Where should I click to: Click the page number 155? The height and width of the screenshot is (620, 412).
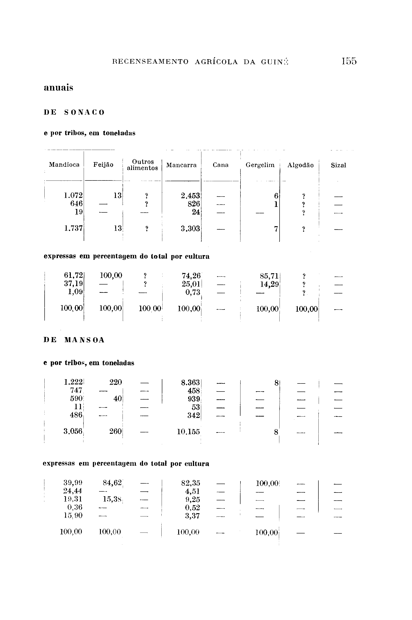point(349,61)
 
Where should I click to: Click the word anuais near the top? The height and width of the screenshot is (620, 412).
point(58,88)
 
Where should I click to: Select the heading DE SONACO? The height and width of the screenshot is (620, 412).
point(74,113)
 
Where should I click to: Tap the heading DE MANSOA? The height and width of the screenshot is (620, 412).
point(74,340)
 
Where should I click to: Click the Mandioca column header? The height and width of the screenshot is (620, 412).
point(64,165)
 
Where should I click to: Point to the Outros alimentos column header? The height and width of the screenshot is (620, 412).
point(142,165)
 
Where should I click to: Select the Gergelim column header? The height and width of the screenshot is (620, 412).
point(260,165)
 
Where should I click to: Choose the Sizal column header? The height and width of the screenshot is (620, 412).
point(338,165)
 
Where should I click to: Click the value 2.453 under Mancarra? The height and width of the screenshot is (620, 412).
point(190,196)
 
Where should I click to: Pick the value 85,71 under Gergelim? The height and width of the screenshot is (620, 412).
point(269,276)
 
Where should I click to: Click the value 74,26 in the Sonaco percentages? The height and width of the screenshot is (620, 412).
point(191,276)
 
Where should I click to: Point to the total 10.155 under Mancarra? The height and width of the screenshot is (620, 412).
point(188,432)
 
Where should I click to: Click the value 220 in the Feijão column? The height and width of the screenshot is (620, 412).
point(116,382)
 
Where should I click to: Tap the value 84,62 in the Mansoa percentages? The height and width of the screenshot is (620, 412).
point(112,483)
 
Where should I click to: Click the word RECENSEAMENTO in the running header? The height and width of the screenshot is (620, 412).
point(150,62)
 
